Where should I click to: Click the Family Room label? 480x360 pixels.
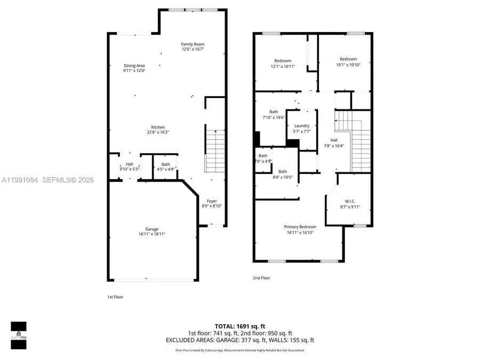click(x=193, y=44)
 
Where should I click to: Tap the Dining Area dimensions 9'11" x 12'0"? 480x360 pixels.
click(x=134, y=70)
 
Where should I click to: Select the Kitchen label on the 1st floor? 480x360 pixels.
click(x=158, y=127)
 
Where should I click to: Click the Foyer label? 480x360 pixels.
click(x=212, y=201)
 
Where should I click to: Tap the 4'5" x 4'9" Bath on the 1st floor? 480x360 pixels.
click(x=166, y=167)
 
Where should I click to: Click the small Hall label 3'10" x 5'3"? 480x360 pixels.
click(x=130, y=167)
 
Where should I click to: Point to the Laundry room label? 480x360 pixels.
click(x=301, y=126)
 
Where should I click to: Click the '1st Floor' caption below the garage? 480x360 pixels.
click(x=115, y=297)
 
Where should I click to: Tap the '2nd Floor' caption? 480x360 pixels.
click(x=261, y=278)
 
